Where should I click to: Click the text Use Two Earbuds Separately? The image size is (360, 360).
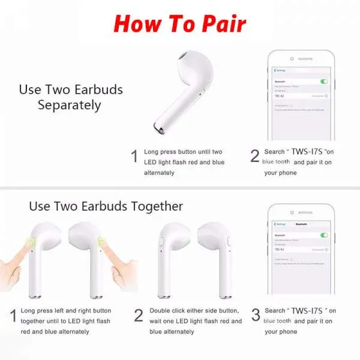point(71,97)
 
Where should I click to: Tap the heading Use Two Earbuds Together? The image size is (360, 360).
point(106,206)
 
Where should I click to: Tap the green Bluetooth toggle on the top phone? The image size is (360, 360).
point(325,81)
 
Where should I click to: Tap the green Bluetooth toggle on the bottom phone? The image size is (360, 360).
point(325,235)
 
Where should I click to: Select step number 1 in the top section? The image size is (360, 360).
point(134,157)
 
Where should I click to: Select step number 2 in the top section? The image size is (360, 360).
point(255,156)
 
